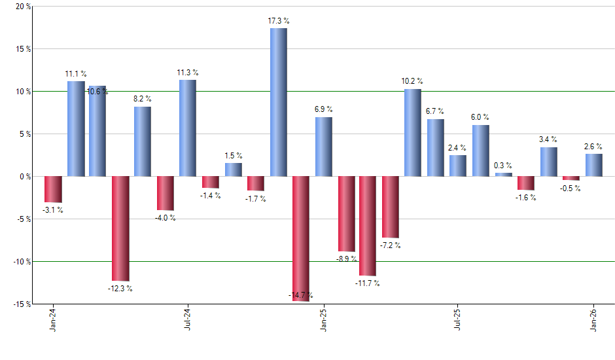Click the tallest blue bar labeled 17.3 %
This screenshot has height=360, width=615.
278,102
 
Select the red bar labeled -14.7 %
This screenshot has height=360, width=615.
300,238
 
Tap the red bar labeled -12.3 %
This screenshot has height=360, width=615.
120,228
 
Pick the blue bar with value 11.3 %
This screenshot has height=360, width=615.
188,128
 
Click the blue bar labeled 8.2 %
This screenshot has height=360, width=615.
143,141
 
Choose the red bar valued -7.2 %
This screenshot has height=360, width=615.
391,207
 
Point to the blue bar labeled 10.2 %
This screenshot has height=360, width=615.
412,133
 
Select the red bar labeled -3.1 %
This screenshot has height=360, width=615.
53,189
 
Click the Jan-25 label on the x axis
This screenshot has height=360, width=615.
323,319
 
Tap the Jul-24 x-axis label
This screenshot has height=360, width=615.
188,319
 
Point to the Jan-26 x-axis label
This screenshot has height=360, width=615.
593,319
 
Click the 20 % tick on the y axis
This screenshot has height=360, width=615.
24,7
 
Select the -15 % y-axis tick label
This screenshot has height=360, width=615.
22,304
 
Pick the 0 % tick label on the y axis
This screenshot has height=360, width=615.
26,177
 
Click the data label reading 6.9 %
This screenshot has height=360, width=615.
323,109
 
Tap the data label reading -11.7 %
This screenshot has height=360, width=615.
367,283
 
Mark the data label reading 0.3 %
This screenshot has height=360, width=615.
503,166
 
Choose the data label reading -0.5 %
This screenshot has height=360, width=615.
571,189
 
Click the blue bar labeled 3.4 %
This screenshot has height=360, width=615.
549,162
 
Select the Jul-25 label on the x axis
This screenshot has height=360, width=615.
458,319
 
